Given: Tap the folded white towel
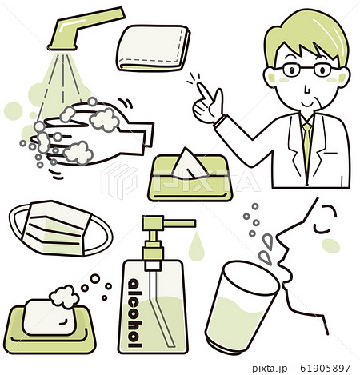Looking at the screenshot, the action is (153, 48).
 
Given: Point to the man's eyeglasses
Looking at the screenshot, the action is (306, 69).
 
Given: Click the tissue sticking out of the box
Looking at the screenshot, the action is (189, 163).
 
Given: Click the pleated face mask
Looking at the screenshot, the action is (60, 229).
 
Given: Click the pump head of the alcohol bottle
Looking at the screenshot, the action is (169, 223).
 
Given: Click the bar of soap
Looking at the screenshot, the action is (50, 317).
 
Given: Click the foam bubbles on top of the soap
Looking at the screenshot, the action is (64, 297).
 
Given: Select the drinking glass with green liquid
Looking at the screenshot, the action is (242, 307).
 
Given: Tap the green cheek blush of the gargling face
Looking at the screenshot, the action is (330, 245).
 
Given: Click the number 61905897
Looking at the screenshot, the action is (325, 368).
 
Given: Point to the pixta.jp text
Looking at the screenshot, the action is (270, 369).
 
